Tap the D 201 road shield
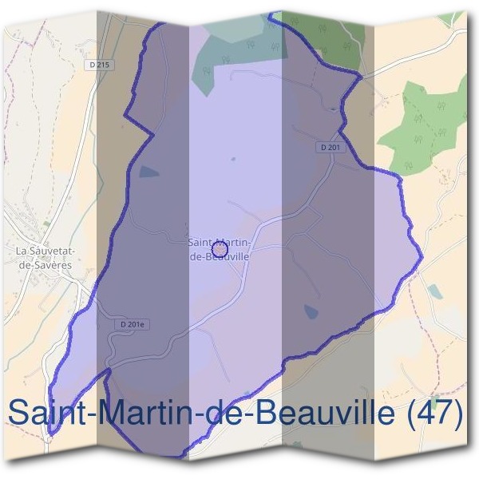(x=331, y=147)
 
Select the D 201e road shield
(x=134, y=324)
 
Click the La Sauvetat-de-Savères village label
(x=45, y=256)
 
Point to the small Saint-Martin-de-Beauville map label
(x=218, y=249)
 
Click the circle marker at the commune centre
(x=221, y=250)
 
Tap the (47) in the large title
(x=433, y=414)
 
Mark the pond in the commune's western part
(x=149, y=171)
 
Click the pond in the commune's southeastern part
(x=310, y=312)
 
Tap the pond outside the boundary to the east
(x=433, y=291)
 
